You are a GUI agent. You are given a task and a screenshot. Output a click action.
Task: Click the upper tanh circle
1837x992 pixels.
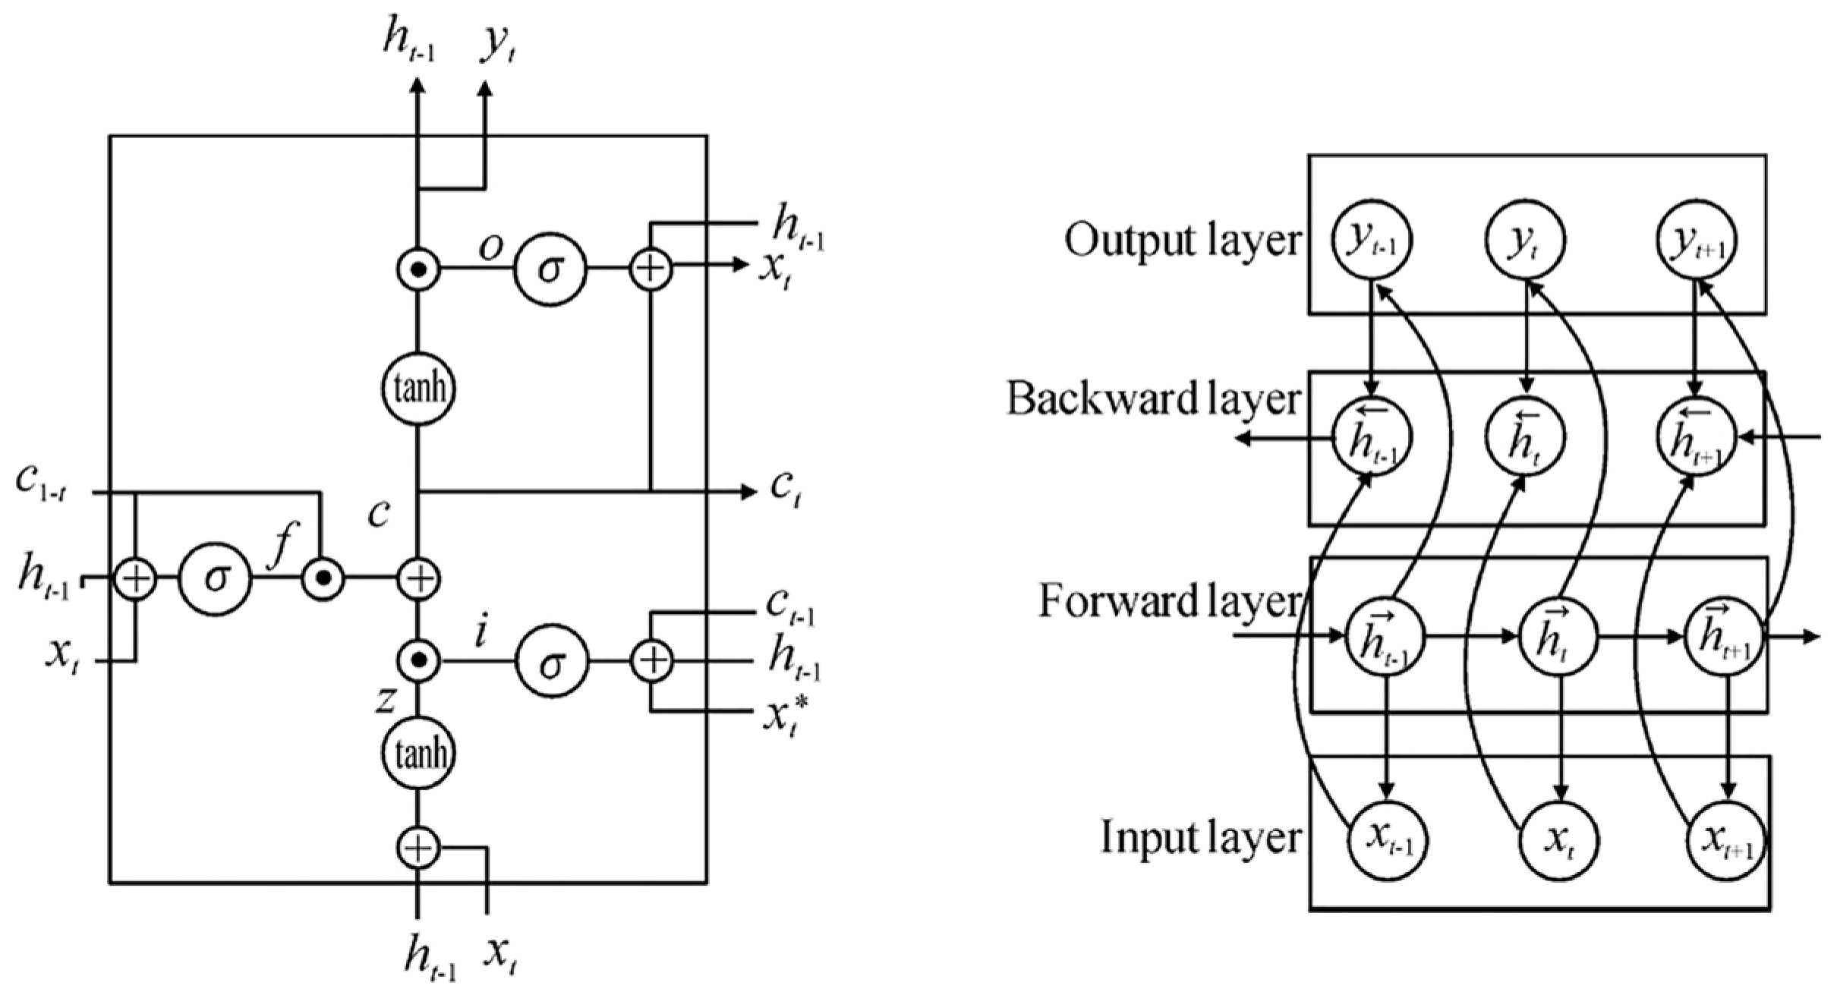pos(417,389)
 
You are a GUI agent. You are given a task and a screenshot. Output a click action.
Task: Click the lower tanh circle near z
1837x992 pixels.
pos(417,754)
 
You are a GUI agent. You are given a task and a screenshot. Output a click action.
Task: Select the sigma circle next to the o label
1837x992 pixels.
pos(550,269)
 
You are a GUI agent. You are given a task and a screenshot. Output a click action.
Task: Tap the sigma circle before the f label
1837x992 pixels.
pos(215,579)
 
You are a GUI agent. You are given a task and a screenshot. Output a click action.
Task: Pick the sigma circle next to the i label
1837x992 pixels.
pos(552,662)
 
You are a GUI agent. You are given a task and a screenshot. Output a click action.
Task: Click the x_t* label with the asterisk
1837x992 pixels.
pos(785,714)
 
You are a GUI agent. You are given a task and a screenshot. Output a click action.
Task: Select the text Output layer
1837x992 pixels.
pos(1181,241)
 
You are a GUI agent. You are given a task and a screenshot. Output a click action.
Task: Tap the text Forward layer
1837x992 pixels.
pos(1168,601)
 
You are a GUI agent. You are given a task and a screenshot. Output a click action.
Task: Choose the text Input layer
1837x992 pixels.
pos(1200,837)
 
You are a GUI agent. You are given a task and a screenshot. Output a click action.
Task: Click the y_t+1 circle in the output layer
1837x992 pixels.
pos(1697,241)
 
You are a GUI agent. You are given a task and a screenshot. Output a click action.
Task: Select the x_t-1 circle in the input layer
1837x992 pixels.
pos(1388,841)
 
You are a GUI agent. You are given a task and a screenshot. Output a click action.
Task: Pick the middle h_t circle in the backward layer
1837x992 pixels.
pos(1524,438)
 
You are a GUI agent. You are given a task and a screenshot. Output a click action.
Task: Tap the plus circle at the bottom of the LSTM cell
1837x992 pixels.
pos(418,848)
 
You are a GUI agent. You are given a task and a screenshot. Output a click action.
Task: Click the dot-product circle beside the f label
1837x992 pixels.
pos(323,580)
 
